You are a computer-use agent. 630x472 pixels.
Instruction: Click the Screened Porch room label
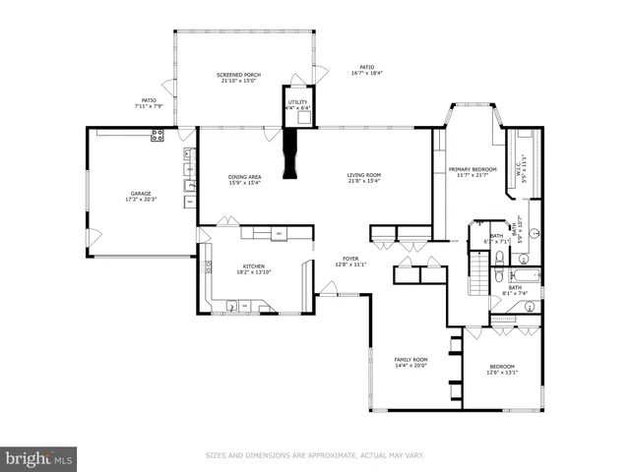tap(236, 77)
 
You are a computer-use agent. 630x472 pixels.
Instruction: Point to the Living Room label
tap(363, 179)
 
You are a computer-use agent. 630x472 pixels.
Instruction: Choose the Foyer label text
tap(350, 262)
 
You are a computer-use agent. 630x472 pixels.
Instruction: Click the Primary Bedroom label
tap(472, 172)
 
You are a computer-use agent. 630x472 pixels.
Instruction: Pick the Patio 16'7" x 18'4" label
tap(366, 70)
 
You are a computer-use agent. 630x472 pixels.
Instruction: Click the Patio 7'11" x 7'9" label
tap(149, 102)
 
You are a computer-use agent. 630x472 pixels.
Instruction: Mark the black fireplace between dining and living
tap(289, 154)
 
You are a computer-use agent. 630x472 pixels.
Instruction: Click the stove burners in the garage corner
tap(157, 137)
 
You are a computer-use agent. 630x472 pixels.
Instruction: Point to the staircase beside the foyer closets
tap(478, 278)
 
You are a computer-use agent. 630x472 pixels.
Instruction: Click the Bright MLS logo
tap(39, 457)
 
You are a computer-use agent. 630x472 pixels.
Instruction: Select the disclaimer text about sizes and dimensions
tap(314, 455)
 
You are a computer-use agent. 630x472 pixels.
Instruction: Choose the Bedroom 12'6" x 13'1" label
tap(502, 370)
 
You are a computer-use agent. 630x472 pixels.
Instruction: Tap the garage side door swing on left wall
tap(94, 236)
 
